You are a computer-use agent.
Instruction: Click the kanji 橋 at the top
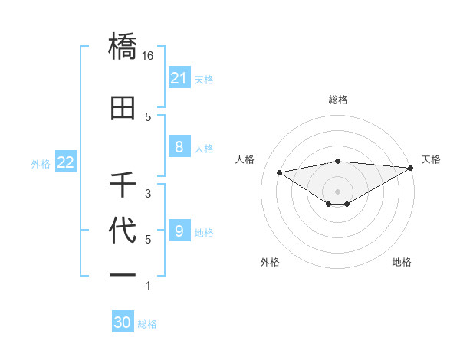coord(123,48)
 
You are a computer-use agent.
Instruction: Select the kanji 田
coord(123,109)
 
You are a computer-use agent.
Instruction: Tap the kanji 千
coord(123,185)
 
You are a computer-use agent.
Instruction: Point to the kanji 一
coord(123,274)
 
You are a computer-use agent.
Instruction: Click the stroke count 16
coord(148,56)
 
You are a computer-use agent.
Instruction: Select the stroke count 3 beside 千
coord(148,193)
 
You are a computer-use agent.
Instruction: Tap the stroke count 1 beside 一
coord(148,286)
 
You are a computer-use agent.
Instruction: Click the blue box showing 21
coord(179,78)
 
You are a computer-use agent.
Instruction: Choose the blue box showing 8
coord(179,147)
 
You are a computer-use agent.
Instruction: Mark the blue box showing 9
coord(179,231)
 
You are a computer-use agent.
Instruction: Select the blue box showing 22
coord(66,162)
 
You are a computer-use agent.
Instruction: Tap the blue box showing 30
coord(123,322)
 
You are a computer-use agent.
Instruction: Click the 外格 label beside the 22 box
coord(41,163)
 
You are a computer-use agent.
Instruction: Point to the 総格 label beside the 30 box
coord(147,324)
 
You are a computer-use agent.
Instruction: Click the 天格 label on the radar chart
coord(431,159)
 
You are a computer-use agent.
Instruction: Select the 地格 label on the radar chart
coord(402,262)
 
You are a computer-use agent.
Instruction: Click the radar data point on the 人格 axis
coord(279,172)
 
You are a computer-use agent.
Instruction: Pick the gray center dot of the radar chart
coord(337,190)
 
